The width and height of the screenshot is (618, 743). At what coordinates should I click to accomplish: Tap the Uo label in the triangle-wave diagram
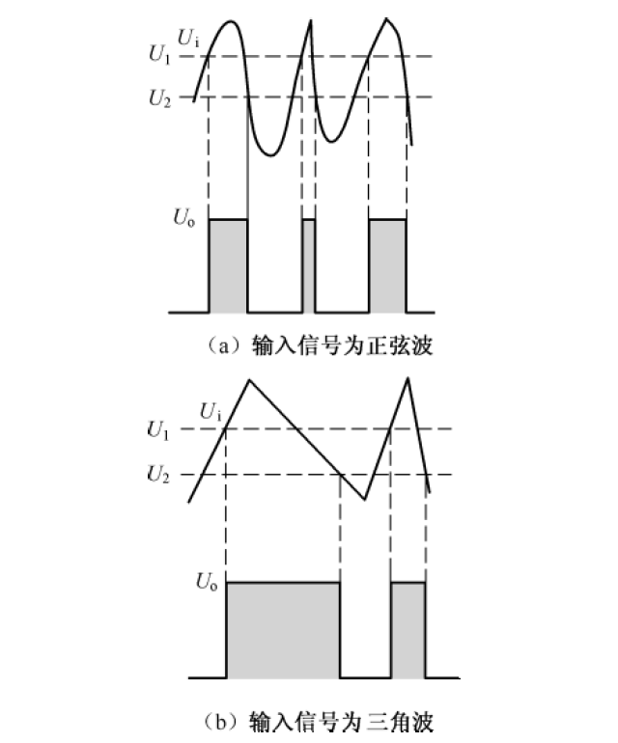click(206, 581)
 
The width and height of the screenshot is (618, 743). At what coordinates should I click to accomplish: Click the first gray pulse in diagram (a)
click(229, 265)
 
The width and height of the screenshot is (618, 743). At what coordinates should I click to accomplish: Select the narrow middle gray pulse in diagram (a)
click(309, 265)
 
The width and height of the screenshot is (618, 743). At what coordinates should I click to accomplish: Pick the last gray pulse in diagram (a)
click(387, 265)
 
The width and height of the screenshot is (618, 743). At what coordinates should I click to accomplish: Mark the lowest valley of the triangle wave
click(364, 500)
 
